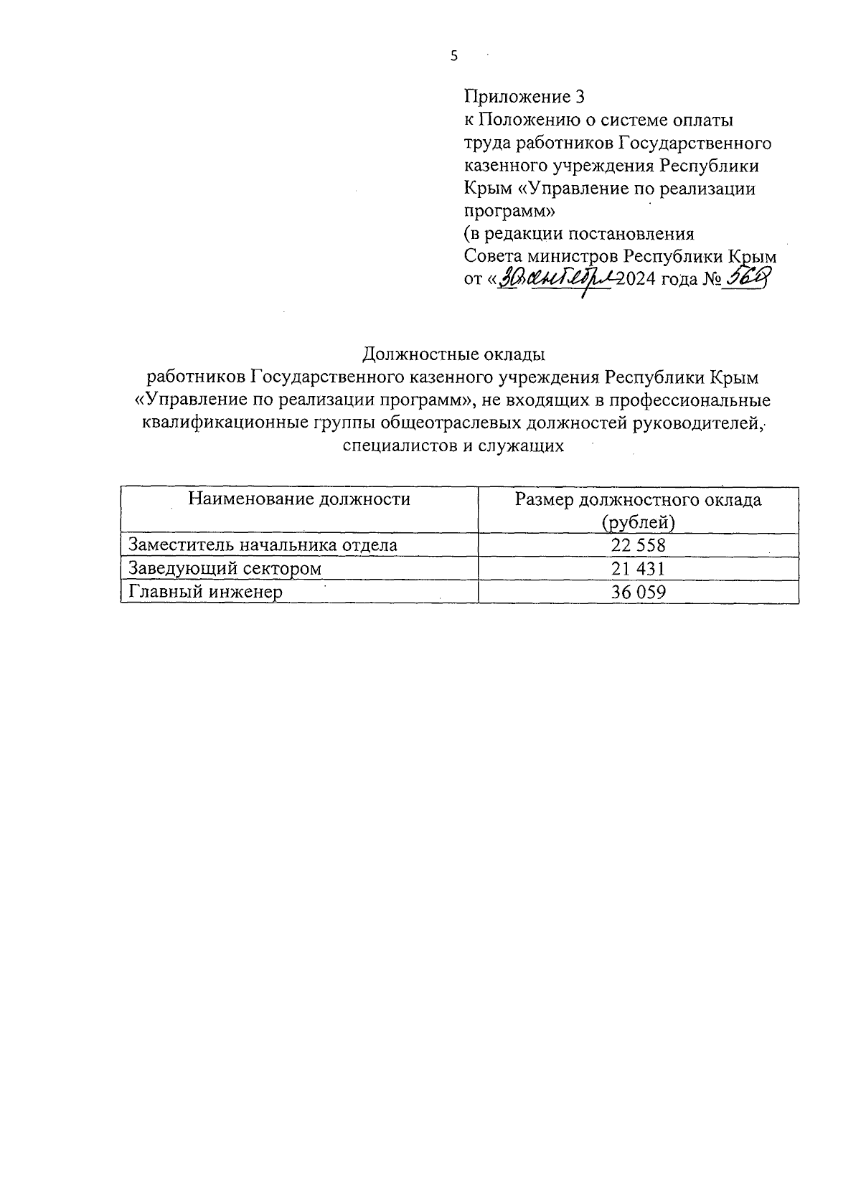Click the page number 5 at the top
coord(453,57)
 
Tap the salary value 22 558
coord(638,545)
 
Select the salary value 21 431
coord(638,569)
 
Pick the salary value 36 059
coord(638,593)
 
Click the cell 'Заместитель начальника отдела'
coord(263,545)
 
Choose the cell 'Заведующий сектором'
coord(225,569)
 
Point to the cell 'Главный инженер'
coord(205,593)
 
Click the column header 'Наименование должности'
coord(299,499)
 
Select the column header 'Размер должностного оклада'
coord(638,500)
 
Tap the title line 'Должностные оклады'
coord(453,354)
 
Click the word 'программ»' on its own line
coord(509,212)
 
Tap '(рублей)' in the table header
coord(638,522)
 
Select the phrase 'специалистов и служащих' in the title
coord(453,446)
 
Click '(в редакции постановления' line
coord(579,234)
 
